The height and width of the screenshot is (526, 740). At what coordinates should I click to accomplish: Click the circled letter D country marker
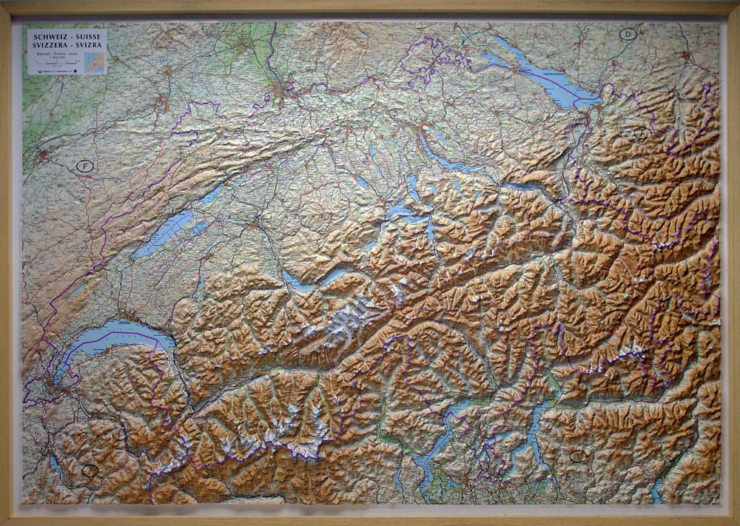pyautogui.click(x=628, y=33)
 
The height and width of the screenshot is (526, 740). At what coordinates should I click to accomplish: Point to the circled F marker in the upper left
pyautogui.click(x=85, y=166)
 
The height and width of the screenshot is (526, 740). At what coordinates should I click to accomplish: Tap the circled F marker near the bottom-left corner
pyautogui.click(x=90, y=470)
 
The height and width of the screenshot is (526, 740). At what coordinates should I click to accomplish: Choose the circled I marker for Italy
pyautogui.click(x=578, y=456)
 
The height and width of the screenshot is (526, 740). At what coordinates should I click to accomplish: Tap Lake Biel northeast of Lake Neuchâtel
pyautogui.click(x=210, y=196)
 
